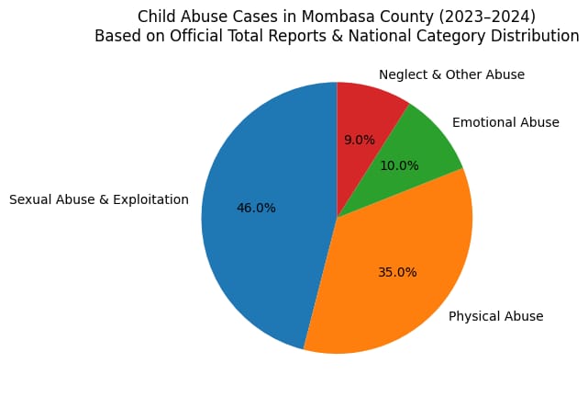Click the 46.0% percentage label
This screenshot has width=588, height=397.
256,208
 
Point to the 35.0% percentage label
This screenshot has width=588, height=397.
397,272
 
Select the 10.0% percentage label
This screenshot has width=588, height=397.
399,166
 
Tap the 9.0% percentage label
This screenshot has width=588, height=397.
359,141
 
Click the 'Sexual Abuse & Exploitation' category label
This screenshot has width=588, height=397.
98,199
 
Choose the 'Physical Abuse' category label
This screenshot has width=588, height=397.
495,316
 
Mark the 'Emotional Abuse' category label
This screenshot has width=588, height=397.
505,122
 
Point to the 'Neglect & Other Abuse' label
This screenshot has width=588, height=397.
451,74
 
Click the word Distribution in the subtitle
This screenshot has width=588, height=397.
536,37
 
